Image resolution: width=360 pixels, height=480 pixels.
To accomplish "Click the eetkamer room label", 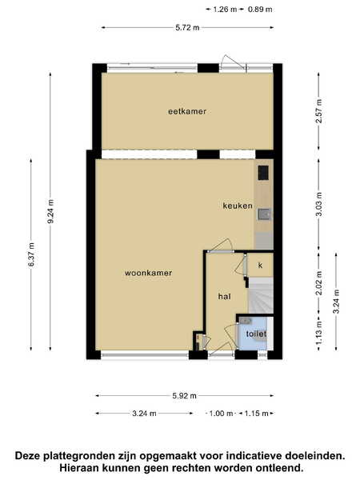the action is [187, 111].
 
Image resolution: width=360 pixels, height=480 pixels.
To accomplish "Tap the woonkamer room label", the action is [148, 273].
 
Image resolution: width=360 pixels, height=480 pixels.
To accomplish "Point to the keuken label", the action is [238, 206].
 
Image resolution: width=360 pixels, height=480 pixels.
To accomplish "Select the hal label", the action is [224, 296].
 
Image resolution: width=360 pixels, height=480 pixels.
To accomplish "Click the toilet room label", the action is [256, 334].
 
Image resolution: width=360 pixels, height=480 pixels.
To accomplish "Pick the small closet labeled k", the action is [260, 265].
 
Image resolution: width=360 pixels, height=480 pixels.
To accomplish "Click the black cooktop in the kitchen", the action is [263, 173].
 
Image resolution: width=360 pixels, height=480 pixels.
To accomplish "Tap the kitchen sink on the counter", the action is [264, 214].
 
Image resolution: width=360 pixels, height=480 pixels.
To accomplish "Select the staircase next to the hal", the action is [260, 295].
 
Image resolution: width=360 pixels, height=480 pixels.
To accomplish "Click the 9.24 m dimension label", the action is [51, 211].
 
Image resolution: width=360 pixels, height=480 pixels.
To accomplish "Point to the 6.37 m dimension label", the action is [31, 254].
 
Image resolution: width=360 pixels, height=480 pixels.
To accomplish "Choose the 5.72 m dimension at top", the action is [187, 27].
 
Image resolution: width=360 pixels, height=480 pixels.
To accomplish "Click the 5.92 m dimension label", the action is [184, 396].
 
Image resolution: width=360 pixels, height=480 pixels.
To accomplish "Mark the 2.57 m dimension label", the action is [319, 111].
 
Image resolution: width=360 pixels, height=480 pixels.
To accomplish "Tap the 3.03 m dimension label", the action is [319, 204].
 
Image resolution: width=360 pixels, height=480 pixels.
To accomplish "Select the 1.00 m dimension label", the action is [221, 414].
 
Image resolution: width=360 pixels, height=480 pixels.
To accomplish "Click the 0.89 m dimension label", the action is [260, 10].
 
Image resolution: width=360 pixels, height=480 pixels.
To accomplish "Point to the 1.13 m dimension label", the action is [319, 332].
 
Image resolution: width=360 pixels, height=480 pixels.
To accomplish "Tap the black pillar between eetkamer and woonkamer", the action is [208, 154].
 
